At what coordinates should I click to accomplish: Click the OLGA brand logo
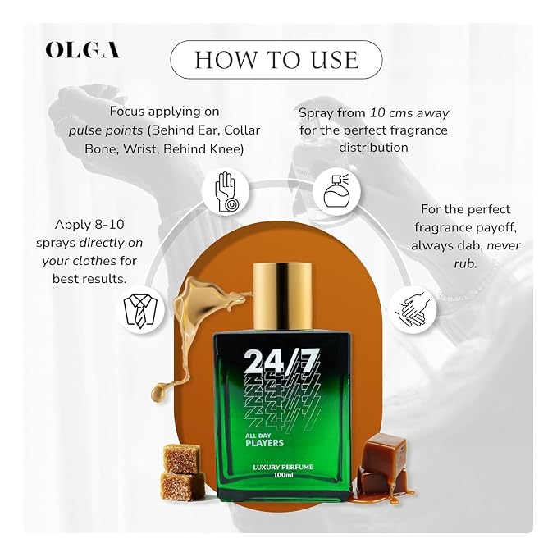pos(82,50)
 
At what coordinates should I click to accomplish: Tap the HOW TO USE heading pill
pos(276,59)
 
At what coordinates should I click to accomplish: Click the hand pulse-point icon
pos(226,192)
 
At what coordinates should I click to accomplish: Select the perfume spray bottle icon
pos(337,191)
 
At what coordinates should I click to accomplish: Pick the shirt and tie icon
pos(140,310)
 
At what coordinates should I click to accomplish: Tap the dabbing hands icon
pos(413,309)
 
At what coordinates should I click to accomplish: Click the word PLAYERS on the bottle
pos(265,443)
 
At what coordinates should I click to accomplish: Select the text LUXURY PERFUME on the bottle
pos(283,467)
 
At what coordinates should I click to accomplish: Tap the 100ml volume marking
pos(283,475)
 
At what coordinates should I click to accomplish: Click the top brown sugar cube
pos(181,459)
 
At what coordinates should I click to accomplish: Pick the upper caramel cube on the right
pos(386,451)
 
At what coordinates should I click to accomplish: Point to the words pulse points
pos(106,130)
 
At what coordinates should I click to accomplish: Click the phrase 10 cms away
pos(409,113)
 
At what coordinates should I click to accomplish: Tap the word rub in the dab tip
pos(465,263)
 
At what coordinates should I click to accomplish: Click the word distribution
pos(373,148)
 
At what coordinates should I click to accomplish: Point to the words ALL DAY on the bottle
pos(258,436)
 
